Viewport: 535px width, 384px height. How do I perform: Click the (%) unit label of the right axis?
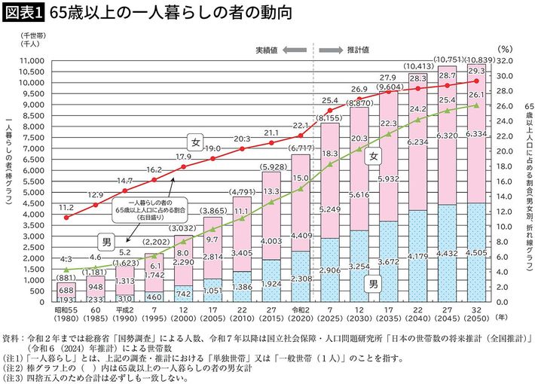coord(505,49)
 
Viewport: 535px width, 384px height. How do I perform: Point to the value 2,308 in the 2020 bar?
coord(300,278)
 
